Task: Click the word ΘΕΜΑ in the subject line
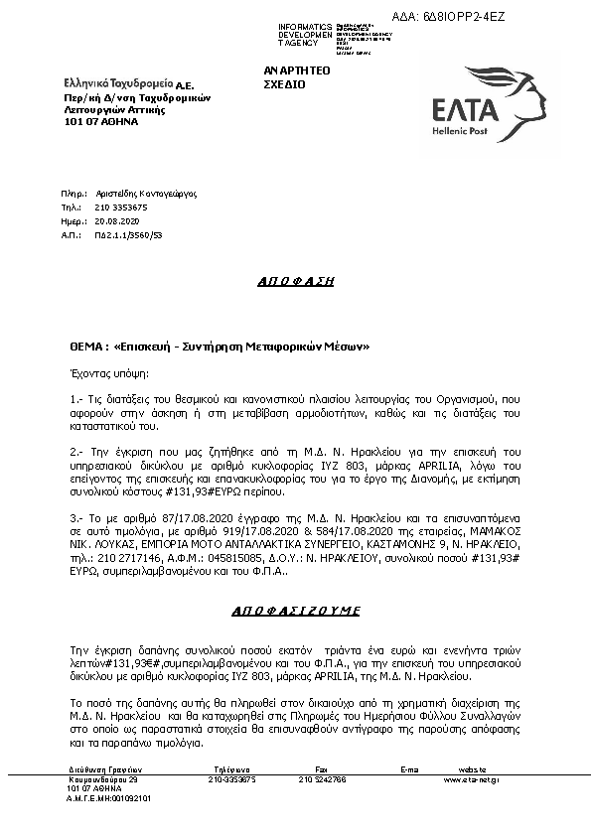(x=83, y=348)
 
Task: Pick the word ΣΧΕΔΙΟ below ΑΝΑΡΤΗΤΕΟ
(x=284, y=85)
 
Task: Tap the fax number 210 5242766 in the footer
(x=323, y=780)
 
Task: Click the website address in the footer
(x=472, y=780)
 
